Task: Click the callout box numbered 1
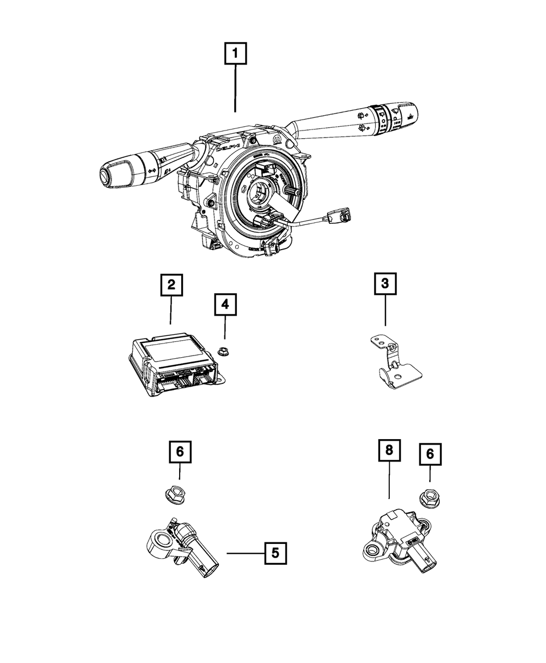(x=235, y=54)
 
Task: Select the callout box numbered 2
(x=171, y=285)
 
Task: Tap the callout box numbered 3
(x=385, y=283)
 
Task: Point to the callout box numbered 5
(x=275, y=553)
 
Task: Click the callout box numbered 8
(x=389, y=451)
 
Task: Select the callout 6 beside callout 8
(x=429, y=454)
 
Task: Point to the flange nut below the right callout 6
(x=429, y=498)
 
